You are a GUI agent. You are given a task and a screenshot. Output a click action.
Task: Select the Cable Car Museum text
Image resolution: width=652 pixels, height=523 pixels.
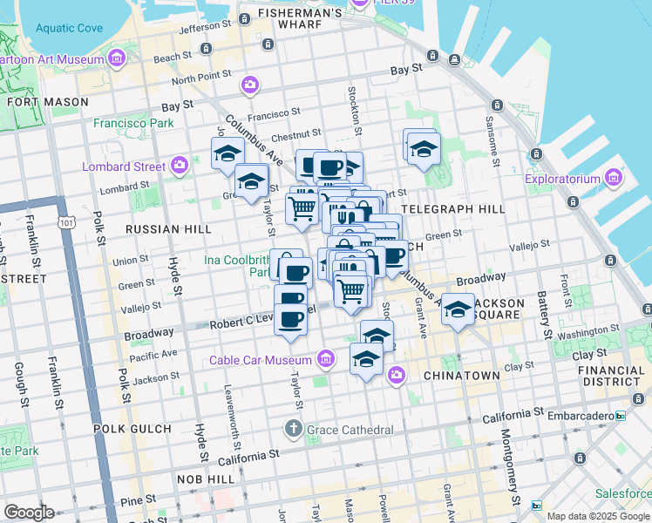tap(260, 360)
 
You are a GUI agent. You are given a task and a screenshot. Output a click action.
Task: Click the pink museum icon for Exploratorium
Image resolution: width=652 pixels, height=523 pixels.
tap(613, 180)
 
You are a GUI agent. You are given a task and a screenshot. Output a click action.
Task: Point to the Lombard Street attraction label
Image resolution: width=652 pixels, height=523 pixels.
tap(123, 166)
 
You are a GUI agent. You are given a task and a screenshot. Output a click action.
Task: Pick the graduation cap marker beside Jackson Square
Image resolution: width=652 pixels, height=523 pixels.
tap(458, 310)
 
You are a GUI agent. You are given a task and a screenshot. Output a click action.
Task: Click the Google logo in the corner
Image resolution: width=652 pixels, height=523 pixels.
tap(29, 513)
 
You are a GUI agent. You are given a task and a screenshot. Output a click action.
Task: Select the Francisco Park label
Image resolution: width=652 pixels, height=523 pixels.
tap(134, 124)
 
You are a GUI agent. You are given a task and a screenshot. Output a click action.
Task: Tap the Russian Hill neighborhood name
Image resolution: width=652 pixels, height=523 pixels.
tap(168, 229)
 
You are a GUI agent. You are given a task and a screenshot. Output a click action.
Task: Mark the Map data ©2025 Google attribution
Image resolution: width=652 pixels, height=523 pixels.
tap(598, 516)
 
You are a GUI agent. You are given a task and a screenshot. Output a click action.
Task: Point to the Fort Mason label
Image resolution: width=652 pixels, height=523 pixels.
tap(47, 102)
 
